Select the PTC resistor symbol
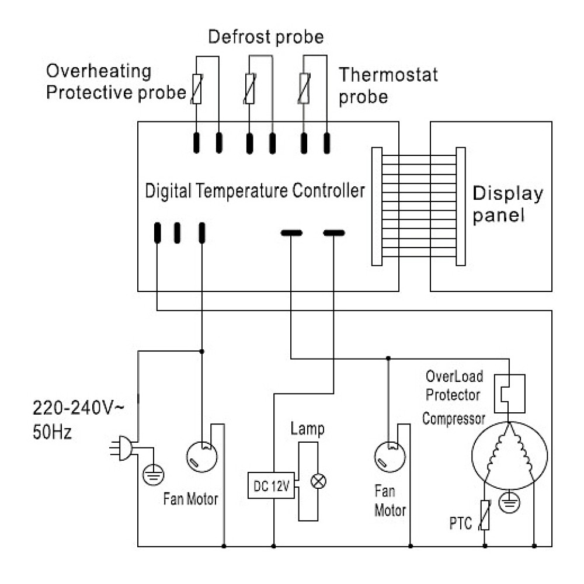point(485,516)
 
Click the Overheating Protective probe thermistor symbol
point(197,89)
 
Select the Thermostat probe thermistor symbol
point(304,89)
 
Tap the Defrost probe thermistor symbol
point(250,89)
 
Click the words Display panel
point(507,204)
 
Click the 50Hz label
point(52,433)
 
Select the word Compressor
point(454,419)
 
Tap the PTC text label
point(461,523)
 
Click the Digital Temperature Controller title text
point(255,191)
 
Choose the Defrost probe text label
point(266,38)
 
